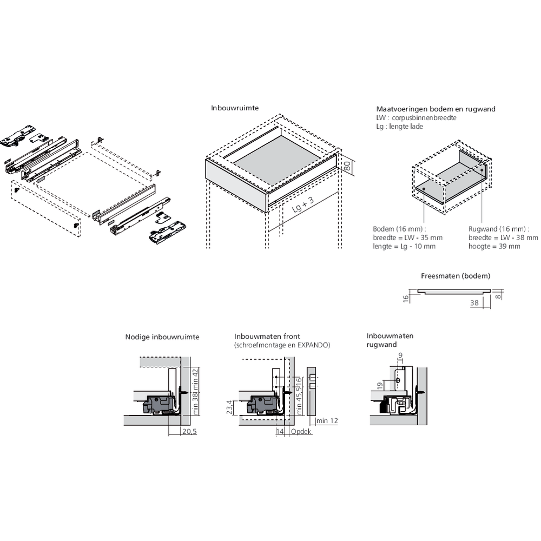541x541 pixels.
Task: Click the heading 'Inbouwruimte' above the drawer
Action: pyautogui.click(x=234, y=108)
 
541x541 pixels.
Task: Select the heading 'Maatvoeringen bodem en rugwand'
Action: pyautogui.click(x=436, y=109)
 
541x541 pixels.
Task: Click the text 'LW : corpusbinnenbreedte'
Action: pyautogui.click(x=416, y=117)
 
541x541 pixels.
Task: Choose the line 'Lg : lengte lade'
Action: pyautogui.click(x=399, y=126)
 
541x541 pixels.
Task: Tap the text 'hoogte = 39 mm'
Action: pyautogui.click(x=494, y=246)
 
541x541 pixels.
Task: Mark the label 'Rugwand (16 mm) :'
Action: pyautogui.click(x=497, y=228)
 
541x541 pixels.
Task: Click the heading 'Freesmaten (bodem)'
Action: pyautogui.click(x=456, y=276)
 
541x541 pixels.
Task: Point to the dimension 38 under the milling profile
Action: pyautogui.click(x=474, y=304)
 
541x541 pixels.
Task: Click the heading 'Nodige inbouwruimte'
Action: pyautogui.click(x=162, y=337)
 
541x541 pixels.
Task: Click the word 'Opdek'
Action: pyautogui.click(x=301, y=432)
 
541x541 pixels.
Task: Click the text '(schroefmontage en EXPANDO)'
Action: pyautogui.click(x=282, y=345)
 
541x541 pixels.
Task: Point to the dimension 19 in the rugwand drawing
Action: pyautogui.click(x=380, y=385)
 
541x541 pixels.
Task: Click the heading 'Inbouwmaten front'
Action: pyautogui.click(x=267, y=336)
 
